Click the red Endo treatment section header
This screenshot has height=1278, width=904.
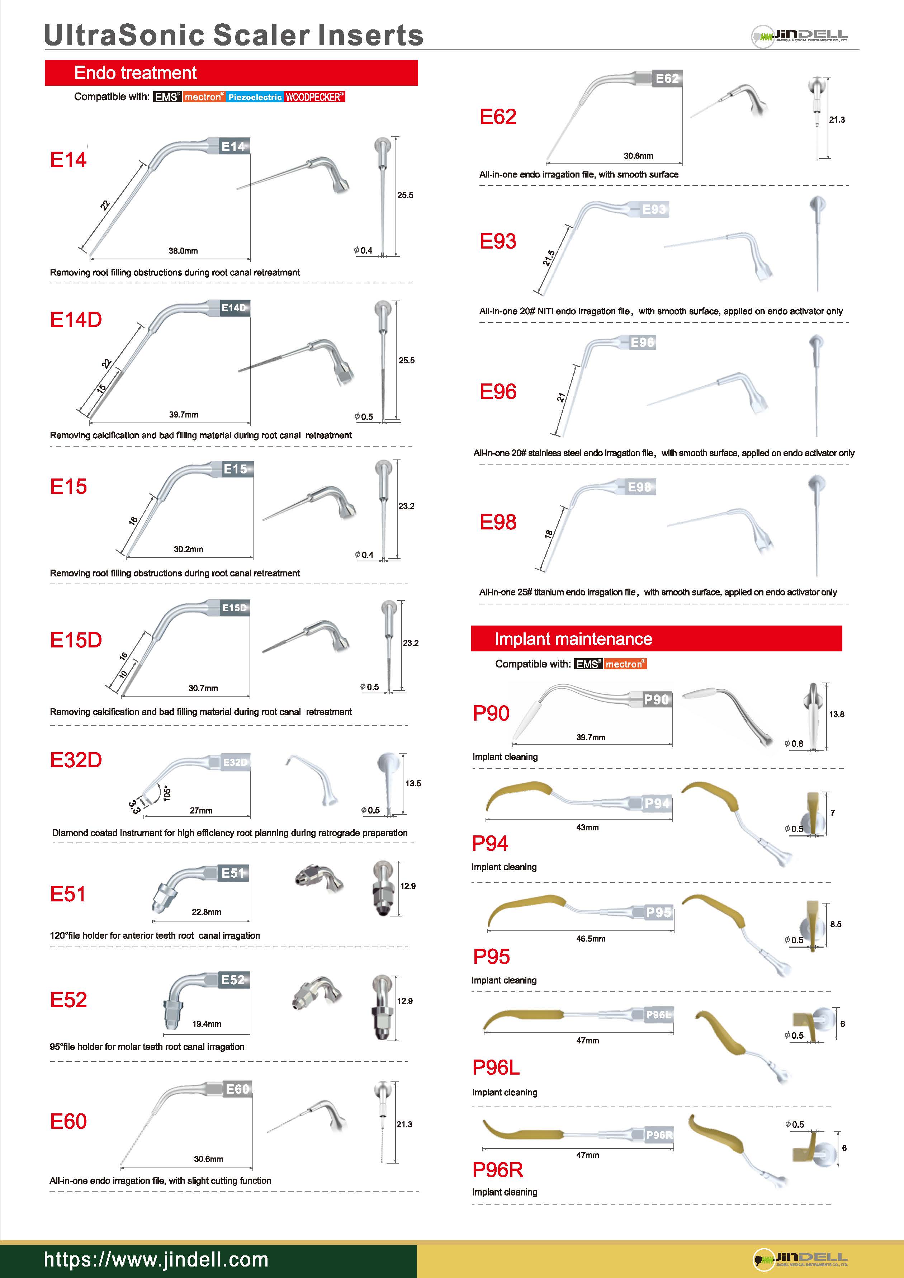231,73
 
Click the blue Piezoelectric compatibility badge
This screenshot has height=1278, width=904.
255,97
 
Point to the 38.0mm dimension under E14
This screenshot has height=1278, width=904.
183,251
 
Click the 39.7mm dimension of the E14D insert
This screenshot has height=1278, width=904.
183,415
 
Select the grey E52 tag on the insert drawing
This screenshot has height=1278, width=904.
233,980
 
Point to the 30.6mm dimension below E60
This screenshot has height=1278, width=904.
208,1159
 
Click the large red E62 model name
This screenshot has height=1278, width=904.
498,117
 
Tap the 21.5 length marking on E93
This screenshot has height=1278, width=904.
549,258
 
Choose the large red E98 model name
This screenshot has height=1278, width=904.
498,522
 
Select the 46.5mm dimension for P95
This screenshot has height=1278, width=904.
591,939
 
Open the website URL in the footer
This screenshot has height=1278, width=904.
156,1260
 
